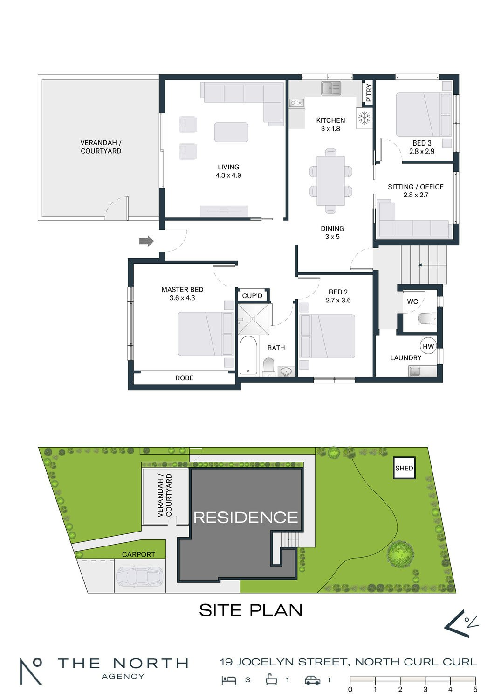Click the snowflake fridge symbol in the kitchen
(364, 118)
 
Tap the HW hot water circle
(428, 346)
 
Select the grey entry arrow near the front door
(146, 241)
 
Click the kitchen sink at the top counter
(331, 89)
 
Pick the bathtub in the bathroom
(248, 355)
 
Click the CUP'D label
(252, 295)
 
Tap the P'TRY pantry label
(369, 92)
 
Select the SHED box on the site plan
(404, 468)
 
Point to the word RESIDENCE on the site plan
(246, 518)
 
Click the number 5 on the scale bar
(475, 689)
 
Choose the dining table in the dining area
(331, 181)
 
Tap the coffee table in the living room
(231, 132)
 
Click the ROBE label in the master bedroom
(185, 378)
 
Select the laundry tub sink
(414, 371)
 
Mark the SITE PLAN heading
(251, 610)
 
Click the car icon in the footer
(313, 680)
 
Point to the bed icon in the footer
(229, 680)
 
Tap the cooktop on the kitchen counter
(297, 103)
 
